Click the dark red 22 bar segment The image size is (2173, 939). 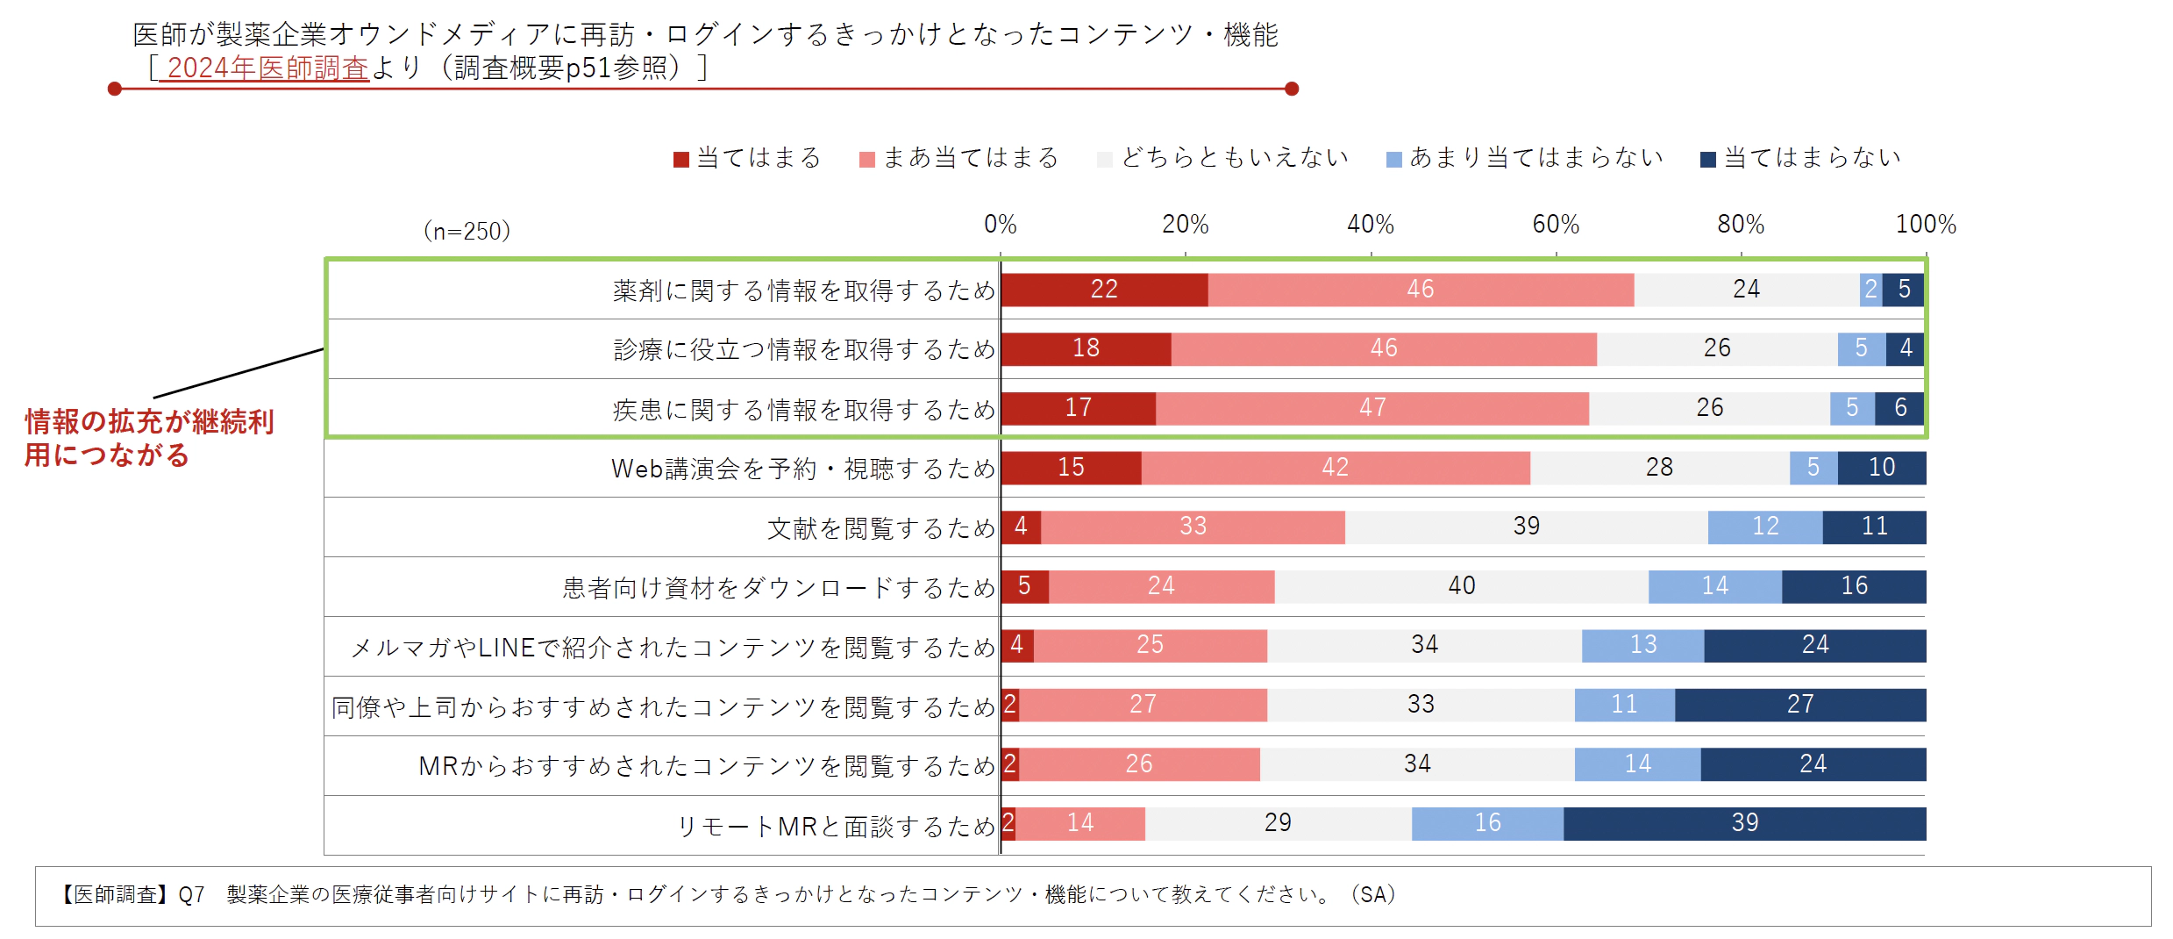coord(1104,290)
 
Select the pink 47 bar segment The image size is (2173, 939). coord(1372,408)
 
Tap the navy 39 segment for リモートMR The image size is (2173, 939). coord(1744,823)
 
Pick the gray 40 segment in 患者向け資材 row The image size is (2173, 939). coord(1461,586)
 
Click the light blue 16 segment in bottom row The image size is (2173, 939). coord(1487,823)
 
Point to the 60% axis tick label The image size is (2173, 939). coord(1556,225)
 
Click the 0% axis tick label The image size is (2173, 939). coord(1000,225)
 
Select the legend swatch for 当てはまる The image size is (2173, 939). coord(681,159)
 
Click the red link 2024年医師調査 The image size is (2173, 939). coord(267,68)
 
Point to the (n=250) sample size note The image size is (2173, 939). coord(467,232)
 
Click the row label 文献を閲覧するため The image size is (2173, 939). coord(880,528)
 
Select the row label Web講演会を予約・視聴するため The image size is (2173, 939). coord(802,469)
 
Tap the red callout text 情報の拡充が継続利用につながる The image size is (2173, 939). coord(149,438)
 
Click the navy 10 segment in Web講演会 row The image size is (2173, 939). coord(1882,468)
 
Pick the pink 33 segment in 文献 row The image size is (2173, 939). coord(1193,527)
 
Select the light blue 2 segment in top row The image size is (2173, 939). coord(1870,290)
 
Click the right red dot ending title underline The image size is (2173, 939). coord(1291,89)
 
